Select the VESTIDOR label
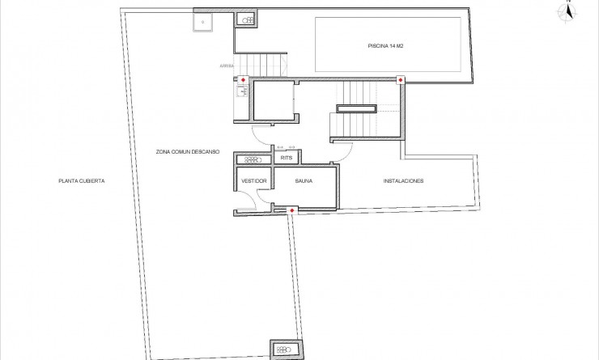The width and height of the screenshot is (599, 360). [254, 181]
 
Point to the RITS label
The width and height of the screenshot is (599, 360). [286, 159]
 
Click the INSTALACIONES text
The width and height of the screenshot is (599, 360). [403, 181]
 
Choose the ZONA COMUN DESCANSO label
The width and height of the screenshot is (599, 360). [188, 150]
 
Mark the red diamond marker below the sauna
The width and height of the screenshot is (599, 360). [292, 210]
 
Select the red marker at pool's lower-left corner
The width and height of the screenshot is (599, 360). [400, 79]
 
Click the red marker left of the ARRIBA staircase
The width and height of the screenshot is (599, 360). [243, 79]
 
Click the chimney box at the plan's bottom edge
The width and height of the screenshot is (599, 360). [285, 349]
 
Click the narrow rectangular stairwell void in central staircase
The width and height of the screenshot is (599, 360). [356, 108]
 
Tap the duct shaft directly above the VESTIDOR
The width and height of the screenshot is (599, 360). [251, 159]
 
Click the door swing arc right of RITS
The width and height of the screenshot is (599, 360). [344, 149]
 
